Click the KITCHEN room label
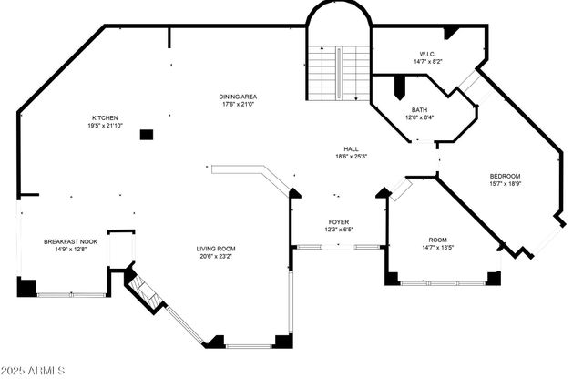point(105,117)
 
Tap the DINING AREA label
point(239,97)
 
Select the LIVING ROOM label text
point(216,249)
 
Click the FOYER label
point(339,221)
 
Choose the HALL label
point(351,148)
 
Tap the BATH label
point(419,109)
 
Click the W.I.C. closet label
point(427,55)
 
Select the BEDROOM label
point(506,176)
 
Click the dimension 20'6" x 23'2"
point(216,257)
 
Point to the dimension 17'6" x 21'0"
point(239,105)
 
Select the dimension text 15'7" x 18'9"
point(506,184)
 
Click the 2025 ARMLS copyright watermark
point(34,372)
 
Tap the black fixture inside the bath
point(398,88)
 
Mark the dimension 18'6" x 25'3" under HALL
point(351,157)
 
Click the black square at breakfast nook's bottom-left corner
point(26,287)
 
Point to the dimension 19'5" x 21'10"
point(105,126)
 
